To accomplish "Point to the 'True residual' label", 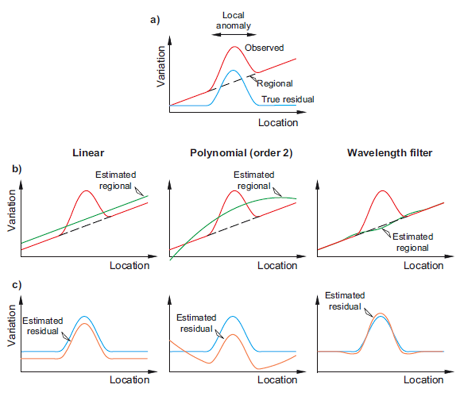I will [287, 99].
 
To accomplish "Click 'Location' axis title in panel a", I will [278, 123].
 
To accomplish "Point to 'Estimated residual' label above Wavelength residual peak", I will [345, 301].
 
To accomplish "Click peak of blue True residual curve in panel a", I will [233, 70].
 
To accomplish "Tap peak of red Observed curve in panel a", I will [234, 46].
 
